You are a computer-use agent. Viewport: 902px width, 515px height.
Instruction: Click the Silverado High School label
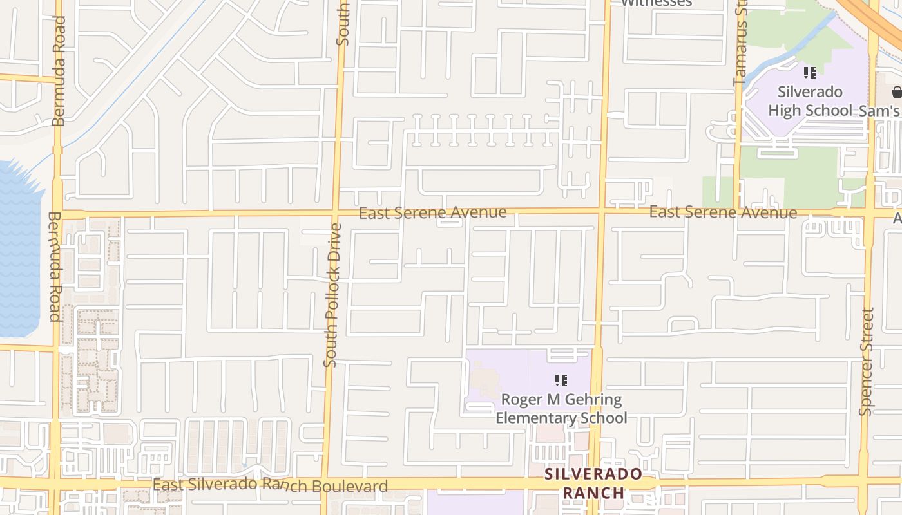click(x=810, y=101)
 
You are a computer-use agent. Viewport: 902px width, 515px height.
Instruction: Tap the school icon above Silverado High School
click(x=810, y=73)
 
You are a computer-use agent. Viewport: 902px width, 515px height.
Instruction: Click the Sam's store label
click(x=879, y=111)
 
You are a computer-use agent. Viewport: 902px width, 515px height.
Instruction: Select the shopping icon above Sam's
click(x=897, y=91)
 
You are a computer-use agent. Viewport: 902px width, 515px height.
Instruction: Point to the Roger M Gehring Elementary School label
click(x=561, y=409)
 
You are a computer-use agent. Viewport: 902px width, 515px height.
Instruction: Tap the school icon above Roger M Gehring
click(x=561, y=380)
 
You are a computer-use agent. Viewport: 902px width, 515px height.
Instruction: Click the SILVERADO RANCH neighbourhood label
click(x=593, y=483)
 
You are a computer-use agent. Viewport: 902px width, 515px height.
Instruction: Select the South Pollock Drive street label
click(x=332, y=295)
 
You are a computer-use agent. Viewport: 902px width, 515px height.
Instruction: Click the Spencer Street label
click(x=867, y=361)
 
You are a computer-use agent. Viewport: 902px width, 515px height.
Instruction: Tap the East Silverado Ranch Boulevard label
click(x=271, y=485)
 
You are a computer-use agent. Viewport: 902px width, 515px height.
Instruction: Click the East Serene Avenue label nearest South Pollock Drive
click(x=432, y=212)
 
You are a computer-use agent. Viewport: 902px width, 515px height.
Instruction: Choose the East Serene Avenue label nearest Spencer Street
click(x=723, y=212)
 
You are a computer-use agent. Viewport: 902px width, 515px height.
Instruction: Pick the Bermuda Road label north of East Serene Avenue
click(x=59, y=71)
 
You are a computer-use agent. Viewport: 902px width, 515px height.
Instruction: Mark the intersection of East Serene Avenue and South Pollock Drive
click(x=336, y=212)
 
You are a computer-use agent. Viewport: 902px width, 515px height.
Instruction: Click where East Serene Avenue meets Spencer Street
click(x=871, y=212)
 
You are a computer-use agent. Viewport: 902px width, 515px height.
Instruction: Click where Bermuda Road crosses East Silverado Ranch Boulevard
click(x=55, y=483)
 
